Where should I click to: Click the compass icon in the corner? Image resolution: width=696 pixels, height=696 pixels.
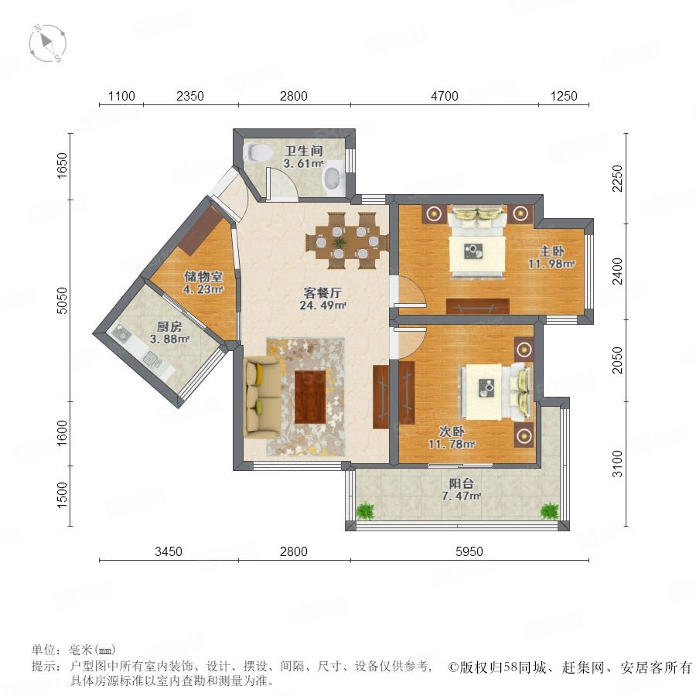(x=47, y=43)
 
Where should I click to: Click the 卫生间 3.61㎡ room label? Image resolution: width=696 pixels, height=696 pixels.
(x=303, y=157)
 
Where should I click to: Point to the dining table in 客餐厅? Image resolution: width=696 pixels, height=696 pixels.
(x=347, y=242)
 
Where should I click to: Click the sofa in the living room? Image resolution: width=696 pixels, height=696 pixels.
(x=263, y=397)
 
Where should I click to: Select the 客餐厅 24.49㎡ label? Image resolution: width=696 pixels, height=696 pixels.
(x=322, y=299)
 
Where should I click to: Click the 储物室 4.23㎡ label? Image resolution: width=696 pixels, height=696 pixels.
(x=203, y=283)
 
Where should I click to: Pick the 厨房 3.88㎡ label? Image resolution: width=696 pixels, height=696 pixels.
(x=169, y=333)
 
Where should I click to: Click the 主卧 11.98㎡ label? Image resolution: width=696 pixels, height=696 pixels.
(x=551, y=258)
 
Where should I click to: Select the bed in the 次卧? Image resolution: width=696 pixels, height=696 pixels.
(x=496, y=391)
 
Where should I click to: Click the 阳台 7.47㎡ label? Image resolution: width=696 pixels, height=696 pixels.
(x=461, y=490)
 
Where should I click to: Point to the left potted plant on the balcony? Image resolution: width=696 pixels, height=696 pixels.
(x=365, y=511)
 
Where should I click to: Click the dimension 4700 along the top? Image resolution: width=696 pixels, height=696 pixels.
(x=445, y=96)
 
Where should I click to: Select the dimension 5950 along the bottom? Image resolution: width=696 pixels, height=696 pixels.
(x=469, y=551)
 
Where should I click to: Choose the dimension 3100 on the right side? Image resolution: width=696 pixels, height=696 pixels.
(x=617, y=464)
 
